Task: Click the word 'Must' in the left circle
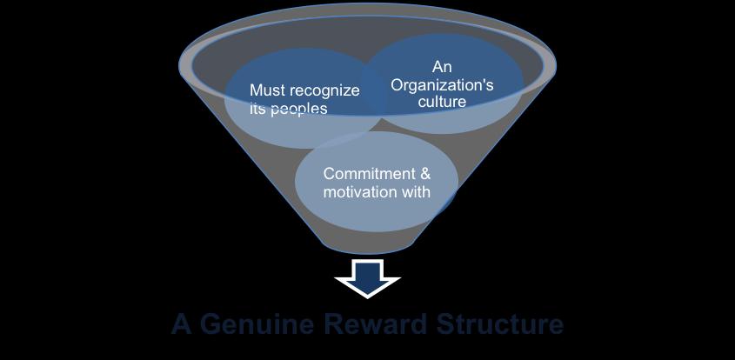[267, 90]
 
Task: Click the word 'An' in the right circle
[442, 67]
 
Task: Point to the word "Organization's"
[442, 84]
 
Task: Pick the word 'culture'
[442, 102]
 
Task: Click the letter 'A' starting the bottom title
[181, 324]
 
